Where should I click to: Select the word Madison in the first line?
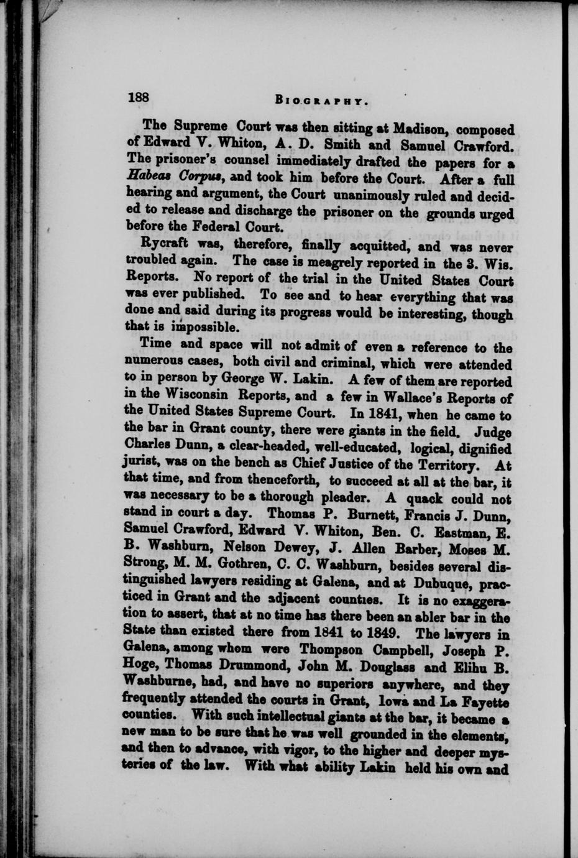(x=421, y=130)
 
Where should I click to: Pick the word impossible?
(x=190, y=326)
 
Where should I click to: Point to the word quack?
(x=424, y=498)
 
